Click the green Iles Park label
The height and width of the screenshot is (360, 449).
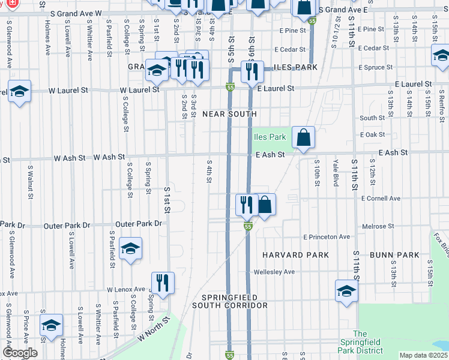(x=270, y=137)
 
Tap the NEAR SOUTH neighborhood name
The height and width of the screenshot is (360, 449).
(x=229, y=113)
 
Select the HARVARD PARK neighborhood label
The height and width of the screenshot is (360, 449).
(x=295, y=255)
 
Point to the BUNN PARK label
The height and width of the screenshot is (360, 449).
(x=394, y=255)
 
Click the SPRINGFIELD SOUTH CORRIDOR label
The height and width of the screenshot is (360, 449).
(x=229, y=301)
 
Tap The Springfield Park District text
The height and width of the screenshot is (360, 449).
(x=360, y=342)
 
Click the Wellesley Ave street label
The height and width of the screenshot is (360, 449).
(x=273, y=272)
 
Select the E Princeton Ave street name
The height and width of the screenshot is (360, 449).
(x=327, y=237)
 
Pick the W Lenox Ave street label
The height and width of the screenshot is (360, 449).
(x=126, y=289)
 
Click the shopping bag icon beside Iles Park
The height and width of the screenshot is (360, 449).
(x=304, y=137)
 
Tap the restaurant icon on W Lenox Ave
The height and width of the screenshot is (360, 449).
(x=162, y=281)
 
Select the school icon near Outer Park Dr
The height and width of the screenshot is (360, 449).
(x=130, y=248)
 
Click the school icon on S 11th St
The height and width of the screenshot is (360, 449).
(x=346, y=291)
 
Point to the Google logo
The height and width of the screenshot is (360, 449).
(x=20, y=353)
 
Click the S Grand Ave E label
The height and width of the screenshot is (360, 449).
(x=342, y=10)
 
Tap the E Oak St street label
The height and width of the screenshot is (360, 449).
(x=372, y=134)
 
